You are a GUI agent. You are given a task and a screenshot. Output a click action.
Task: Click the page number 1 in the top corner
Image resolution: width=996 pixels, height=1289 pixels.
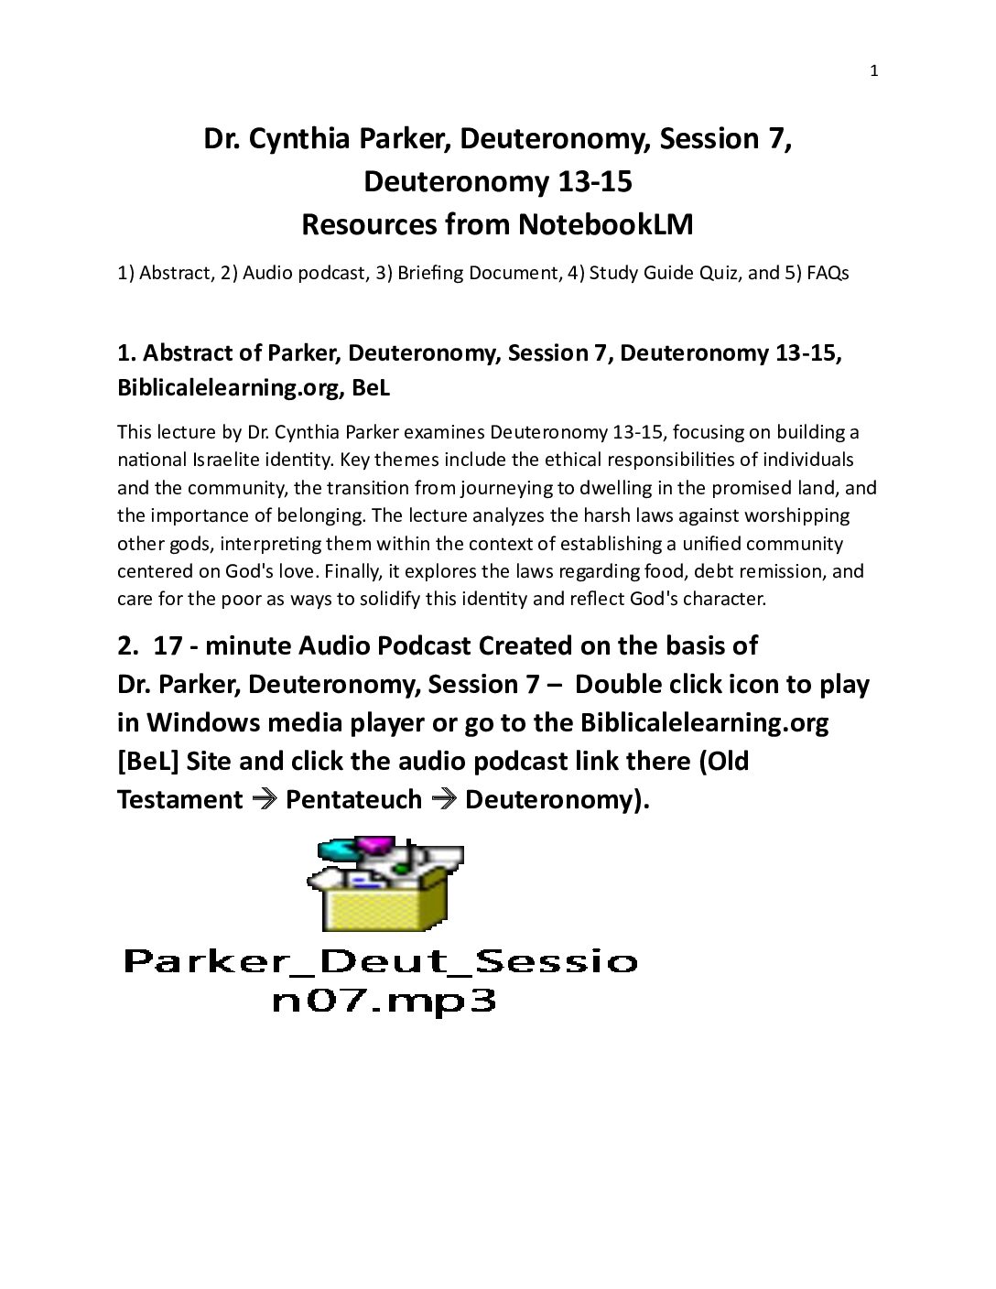point(873,71)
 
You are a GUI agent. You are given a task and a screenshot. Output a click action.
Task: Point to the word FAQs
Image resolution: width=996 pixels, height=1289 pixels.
point(828,273)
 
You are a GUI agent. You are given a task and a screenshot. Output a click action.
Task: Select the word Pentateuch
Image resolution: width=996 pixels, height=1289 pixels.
point(353,799)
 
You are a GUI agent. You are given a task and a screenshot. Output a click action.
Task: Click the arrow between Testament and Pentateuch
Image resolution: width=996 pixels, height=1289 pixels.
point(265,799)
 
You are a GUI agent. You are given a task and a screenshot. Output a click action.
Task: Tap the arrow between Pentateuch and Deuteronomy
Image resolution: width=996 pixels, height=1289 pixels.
point(444,799)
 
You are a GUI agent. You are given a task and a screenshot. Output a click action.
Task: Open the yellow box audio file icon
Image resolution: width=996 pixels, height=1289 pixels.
point(385,883)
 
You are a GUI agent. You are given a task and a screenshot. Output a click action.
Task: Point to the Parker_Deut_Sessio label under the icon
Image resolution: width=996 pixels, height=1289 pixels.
point(380,961)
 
